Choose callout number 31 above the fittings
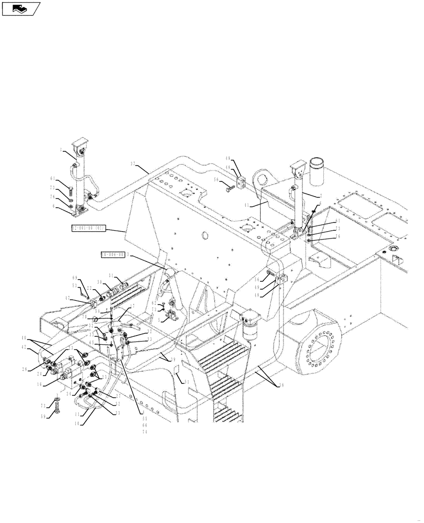click(111, 277)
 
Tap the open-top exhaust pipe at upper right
click(317, 170)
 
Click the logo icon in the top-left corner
click(21, 8)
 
